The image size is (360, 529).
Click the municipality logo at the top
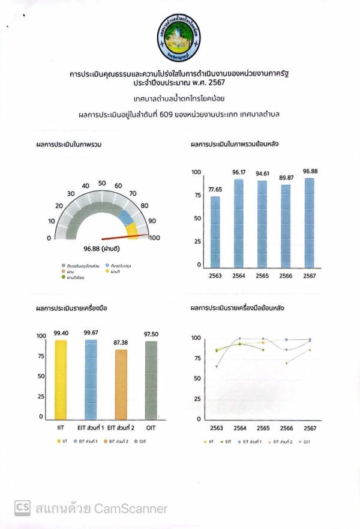click(180, 37)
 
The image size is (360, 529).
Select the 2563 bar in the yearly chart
click(215, 231)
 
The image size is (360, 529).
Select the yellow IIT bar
click(61, 379)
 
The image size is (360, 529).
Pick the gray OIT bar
click(151, 380)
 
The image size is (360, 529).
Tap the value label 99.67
click(91, 333)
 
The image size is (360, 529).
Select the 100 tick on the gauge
click(154, 238)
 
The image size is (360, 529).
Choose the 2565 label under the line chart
click(263, 428)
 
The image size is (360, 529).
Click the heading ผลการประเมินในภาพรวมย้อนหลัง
click(234, 145)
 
